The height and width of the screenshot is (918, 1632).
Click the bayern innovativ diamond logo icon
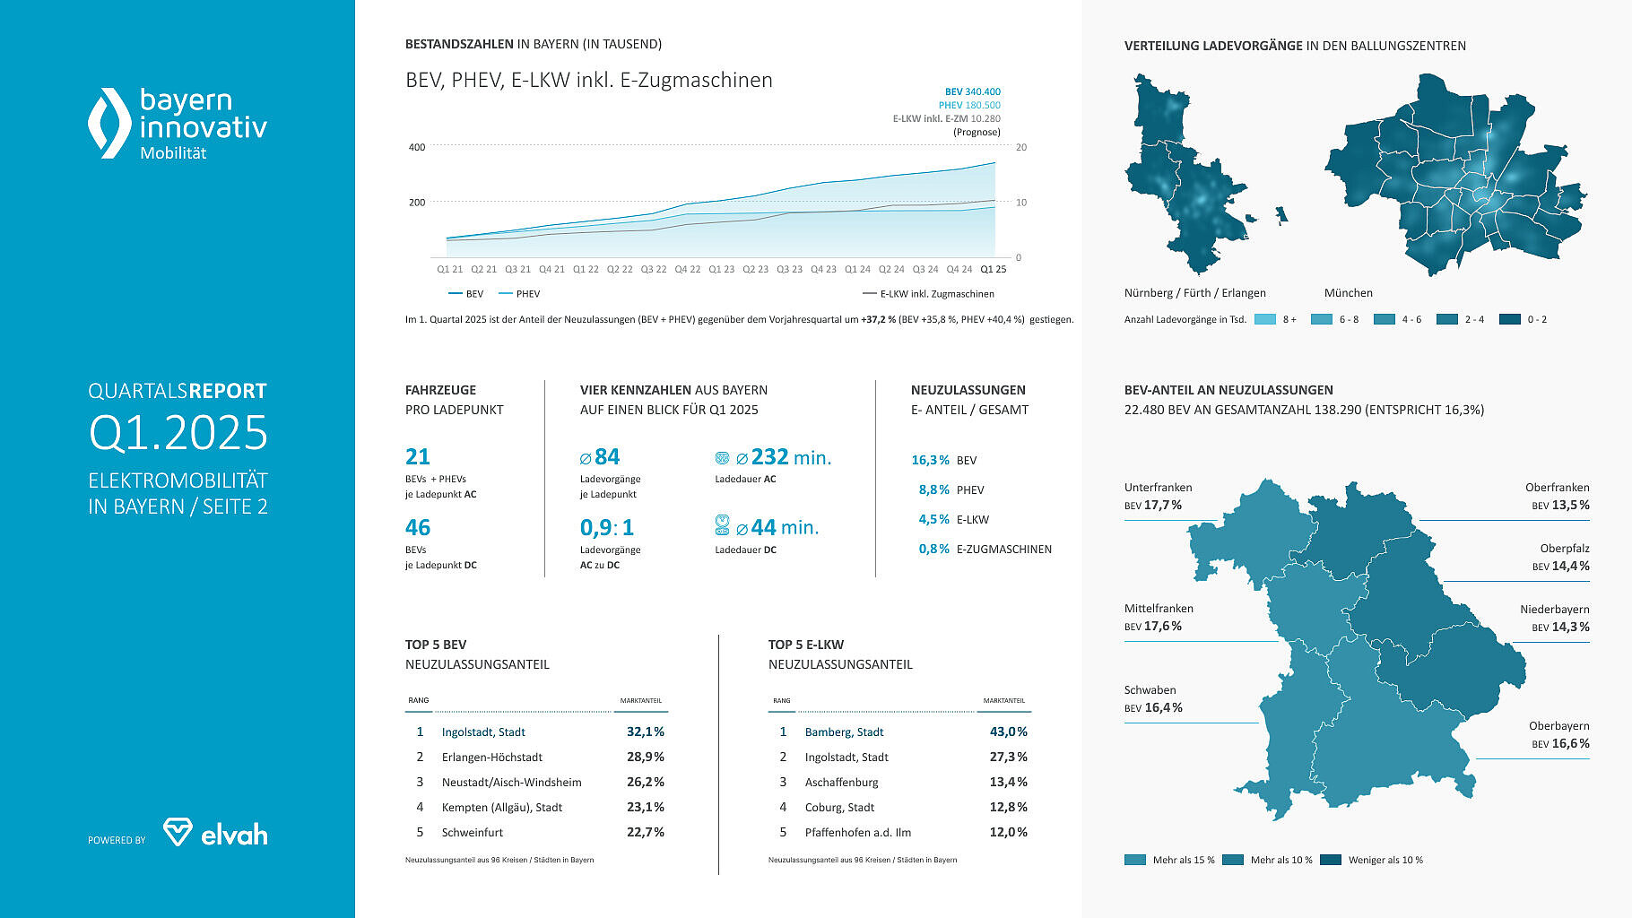109,123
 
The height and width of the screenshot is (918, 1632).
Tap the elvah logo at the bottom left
215,833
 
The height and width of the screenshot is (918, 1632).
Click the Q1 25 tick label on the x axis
994,269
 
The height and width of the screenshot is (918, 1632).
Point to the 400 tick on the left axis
417,147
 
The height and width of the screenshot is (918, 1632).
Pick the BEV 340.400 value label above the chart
972,91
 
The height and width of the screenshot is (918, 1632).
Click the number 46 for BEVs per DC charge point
418,527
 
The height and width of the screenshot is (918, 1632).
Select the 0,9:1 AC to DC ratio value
607,527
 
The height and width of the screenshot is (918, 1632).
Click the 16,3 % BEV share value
930,460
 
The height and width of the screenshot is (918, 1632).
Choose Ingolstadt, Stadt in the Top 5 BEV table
483,732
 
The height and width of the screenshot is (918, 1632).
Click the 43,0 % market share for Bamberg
1008,732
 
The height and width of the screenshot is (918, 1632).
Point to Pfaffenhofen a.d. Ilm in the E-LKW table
857,833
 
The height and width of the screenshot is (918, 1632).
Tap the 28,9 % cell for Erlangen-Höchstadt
646,758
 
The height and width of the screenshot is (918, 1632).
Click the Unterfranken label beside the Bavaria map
1158,488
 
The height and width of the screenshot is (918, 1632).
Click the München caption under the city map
1348,293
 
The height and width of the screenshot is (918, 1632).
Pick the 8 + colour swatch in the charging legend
1264,319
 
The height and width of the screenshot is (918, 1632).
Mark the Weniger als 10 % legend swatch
1331,860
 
